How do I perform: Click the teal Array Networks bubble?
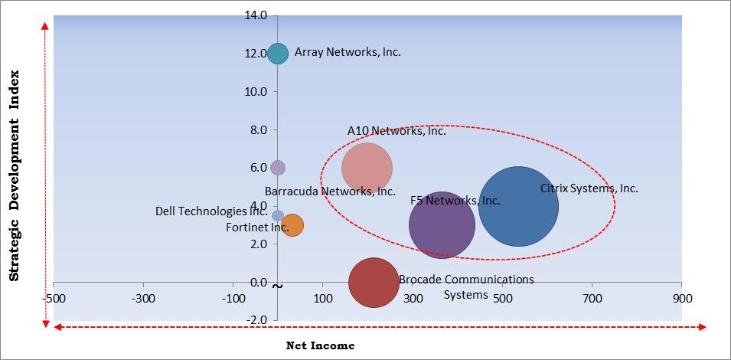coord(278,54)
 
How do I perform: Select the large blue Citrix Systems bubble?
coord(518,206)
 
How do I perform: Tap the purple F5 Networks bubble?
coord(442,225)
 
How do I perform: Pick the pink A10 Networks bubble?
coord(367,168)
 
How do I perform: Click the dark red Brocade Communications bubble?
coord(374,283)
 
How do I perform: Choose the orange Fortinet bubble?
coord(292,225)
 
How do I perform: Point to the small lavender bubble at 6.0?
coord(278,168)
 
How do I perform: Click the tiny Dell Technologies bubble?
coord(278,216)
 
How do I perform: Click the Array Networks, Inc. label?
coord(348,53)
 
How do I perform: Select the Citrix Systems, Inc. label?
coord(589,188)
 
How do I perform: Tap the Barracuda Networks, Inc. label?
coord(330,191)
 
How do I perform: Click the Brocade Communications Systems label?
coord(466,286)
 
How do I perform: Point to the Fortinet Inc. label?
coord(257,227)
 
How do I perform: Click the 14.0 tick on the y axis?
coord(256,15)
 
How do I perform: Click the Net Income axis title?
coord(320,345)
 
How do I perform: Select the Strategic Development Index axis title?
coord(15,177)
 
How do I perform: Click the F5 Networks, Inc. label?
coord(455,201)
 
